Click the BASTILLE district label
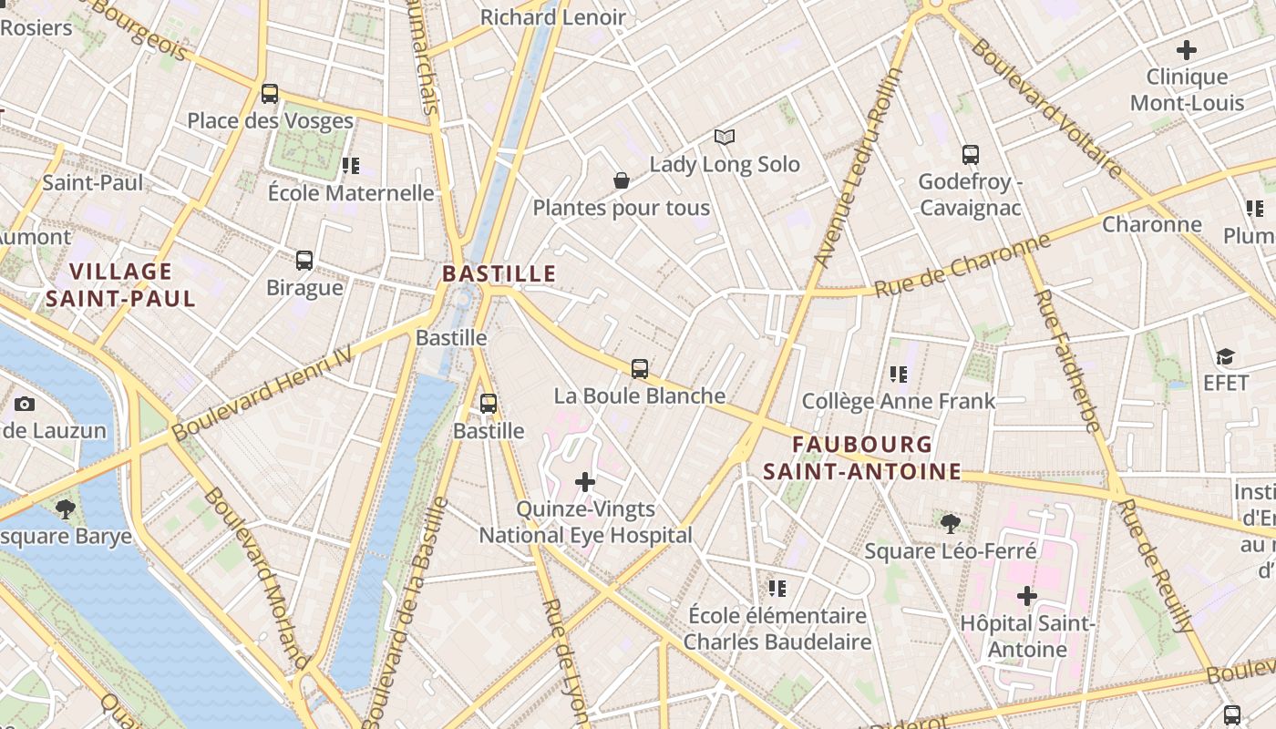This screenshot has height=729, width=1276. [499, 273]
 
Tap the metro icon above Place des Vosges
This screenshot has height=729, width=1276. [270, 93]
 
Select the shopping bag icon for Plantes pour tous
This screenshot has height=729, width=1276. [622, 180]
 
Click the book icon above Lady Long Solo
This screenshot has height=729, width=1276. [725, 137]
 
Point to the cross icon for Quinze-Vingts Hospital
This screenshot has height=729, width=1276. [585, 481]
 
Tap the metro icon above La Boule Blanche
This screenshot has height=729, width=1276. [640, 369]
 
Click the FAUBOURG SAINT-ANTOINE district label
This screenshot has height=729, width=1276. [862, 457]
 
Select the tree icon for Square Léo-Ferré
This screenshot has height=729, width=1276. [951, 523]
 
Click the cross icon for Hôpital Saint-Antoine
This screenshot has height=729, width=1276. [1027, 596]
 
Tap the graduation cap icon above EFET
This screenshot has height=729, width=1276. [1225, 356]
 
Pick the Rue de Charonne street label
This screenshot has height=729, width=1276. [962, 265]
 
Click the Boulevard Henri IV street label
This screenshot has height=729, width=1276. [262, 393]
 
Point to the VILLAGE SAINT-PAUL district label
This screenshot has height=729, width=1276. [120, 284]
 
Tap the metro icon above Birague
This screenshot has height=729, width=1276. [304, 261]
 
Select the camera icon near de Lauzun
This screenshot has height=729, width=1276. [25, 404]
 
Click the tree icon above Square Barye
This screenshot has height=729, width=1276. [65, 508]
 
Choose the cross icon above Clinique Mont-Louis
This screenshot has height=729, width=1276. [1187, 50]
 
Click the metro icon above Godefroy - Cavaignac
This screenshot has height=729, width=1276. [971, 155]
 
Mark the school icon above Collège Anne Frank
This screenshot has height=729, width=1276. [899, 374]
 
